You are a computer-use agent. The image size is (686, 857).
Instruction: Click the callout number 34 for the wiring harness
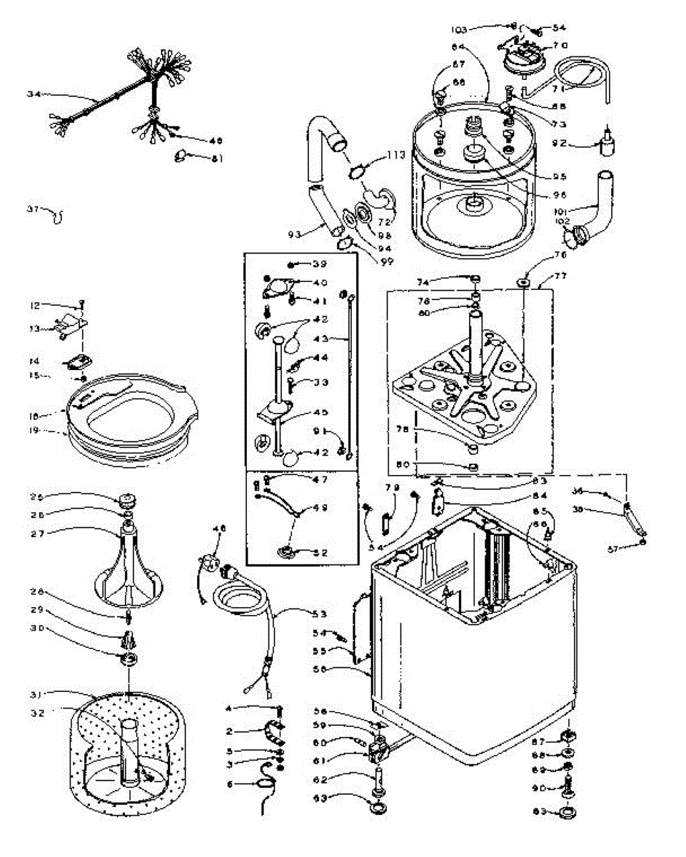click(34, 94)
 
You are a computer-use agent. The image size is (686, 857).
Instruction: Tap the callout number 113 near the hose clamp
click(396, 154)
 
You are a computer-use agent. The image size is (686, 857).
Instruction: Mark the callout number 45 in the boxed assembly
click(320, 411)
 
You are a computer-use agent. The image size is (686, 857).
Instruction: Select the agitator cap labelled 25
click(128, 498)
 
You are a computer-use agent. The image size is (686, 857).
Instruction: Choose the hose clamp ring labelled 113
click(360, 171)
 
